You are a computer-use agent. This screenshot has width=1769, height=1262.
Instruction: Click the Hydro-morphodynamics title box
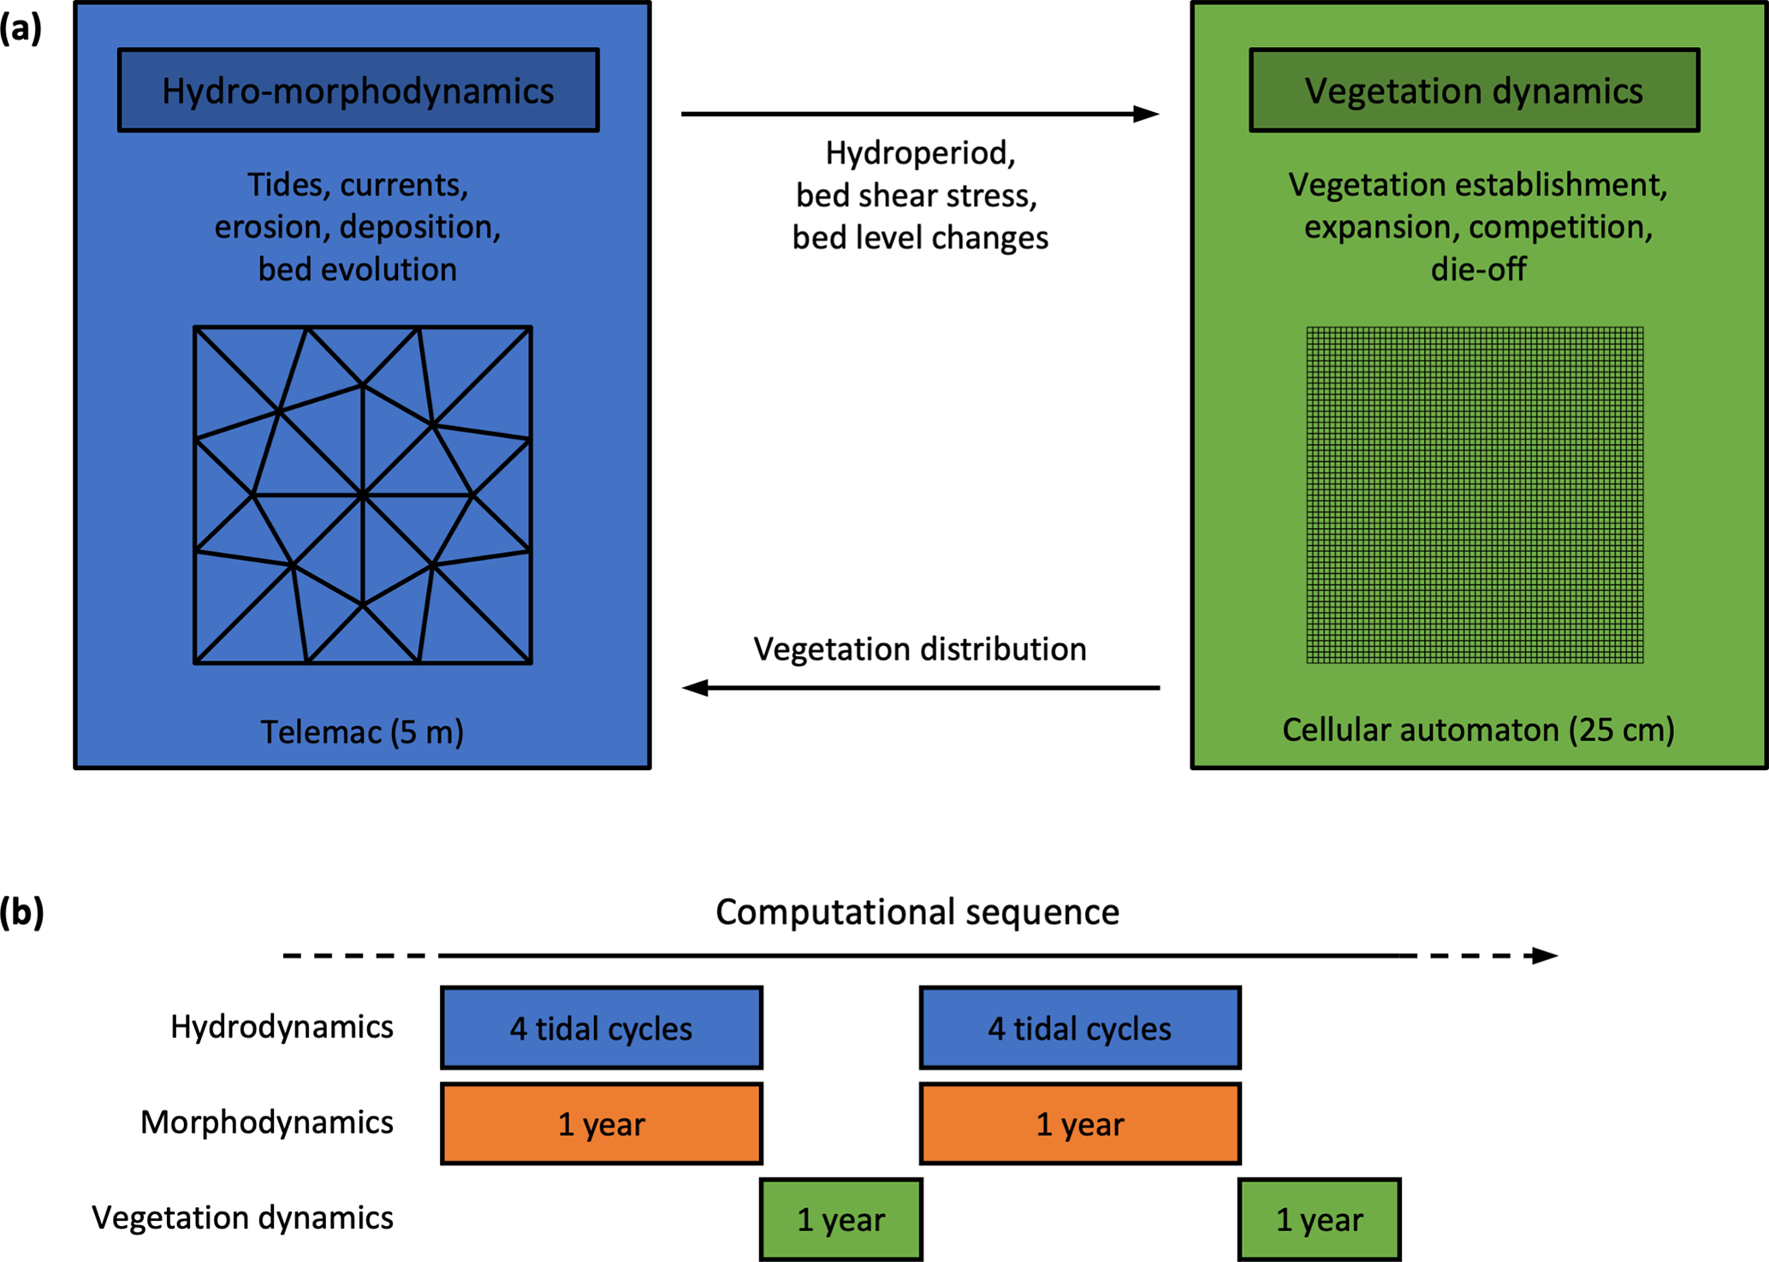[358, 90]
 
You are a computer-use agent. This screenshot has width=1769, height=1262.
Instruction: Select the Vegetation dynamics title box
[1474, 90]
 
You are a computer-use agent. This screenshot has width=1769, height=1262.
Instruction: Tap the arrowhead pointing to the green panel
[1147, 114]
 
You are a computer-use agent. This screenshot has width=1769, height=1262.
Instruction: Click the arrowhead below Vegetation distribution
[695, 688]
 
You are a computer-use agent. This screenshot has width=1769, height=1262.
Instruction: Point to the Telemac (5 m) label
[362, 732]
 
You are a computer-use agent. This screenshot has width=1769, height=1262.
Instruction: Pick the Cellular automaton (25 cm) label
[1478, 730]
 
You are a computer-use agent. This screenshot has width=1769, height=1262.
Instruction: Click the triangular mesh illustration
[363, 495]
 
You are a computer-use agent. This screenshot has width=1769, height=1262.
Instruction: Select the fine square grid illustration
[1475, 495]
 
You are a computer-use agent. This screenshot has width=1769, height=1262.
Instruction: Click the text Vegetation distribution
[920, 649]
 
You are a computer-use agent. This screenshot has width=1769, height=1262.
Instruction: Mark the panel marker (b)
[21, 912]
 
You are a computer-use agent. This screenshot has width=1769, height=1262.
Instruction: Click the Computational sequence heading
[917, 912]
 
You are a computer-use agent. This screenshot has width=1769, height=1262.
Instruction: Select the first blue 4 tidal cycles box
[602, 1028]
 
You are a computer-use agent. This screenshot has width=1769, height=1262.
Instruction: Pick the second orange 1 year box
[1080, 1123]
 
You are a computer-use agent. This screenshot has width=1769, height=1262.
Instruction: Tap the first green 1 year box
[841, 1219]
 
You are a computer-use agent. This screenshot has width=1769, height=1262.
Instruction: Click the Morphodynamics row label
[266, 1123]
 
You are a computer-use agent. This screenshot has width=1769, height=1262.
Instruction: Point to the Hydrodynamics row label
[282, 1027]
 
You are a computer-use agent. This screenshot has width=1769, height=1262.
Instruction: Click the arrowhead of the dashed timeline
[1545, 956]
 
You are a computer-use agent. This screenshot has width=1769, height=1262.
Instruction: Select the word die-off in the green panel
[1478, 270]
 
